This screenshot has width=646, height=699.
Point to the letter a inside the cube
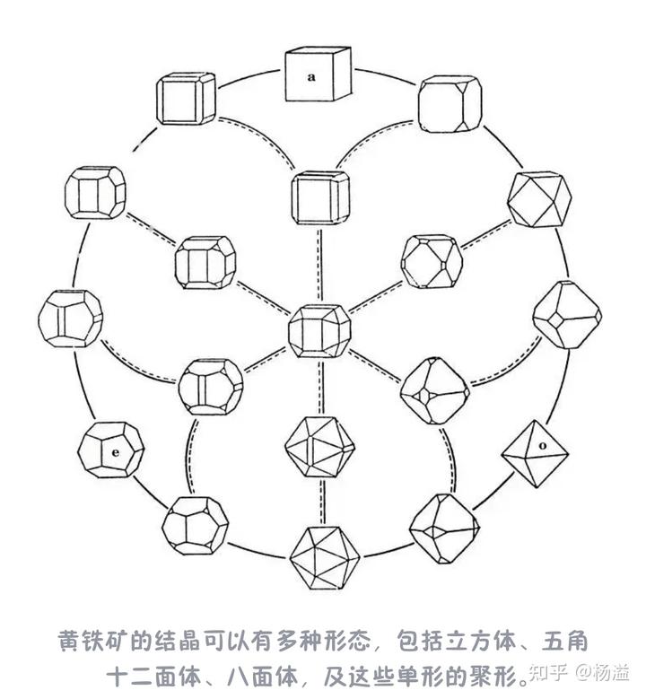(x=311, y=77)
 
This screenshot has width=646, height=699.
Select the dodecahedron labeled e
(x=109, y=450)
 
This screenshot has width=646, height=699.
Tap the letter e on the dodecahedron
(x=116, y=452)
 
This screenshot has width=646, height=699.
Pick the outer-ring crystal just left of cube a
(x=186, y=99)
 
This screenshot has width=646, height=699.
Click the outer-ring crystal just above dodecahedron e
(x=70, y=318)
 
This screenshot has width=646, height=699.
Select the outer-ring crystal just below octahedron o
(x=444, y=529)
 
